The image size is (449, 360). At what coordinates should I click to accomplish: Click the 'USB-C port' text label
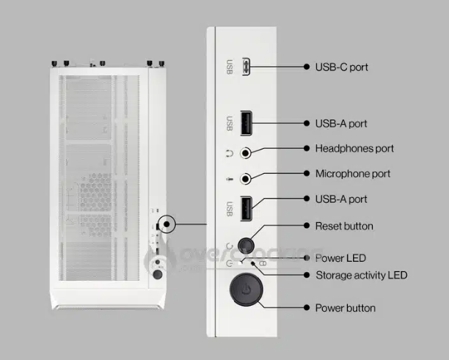pyautogui.click(x=341, y=67)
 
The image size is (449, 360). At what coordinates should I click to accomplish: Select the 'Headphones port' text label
pyautogui.click(x=354, y=148)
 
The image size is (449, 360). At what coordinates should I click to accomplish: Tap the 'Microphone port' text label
pyautogui.click(x=352, y=174)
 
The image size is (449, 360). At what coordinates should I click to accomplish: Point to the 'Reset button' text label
pyautogui.click(x=343, y=226)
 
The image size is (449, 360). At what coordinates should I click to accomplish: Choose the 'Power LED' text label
pyautogui.click(x=340, y=258)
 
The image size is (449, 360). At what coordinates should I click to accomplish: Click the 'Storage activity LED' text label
pyautogui.click(x=361, y=275)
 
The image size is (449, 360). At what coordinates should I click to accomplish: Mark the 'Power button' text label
pyautogui.click(x=345, y=308)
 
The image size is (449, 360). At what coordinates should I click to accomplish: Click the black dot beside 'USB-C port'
pyautogui.click(x=307, y=67)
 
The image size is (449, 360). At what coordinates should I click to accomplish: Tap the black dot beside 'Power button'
pyautogui.click(x=307, y=308)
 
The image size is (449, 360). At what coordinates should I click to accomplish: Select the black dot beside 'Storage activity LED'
pyautogui.click(x=307, y=275)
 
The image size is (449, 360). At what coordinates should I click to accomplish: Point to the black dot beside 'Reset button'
pyautogui.click(x=307, y=226)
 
